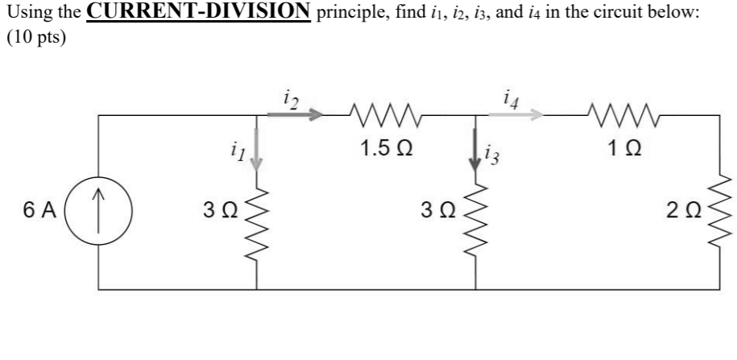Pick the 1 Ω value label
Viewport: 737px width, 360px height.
(x=620, y=149)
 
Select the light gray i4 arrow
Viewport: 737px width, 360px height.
(x=515, y=115)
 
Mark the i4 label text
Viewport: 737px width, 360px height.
(x=510, y=96)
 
